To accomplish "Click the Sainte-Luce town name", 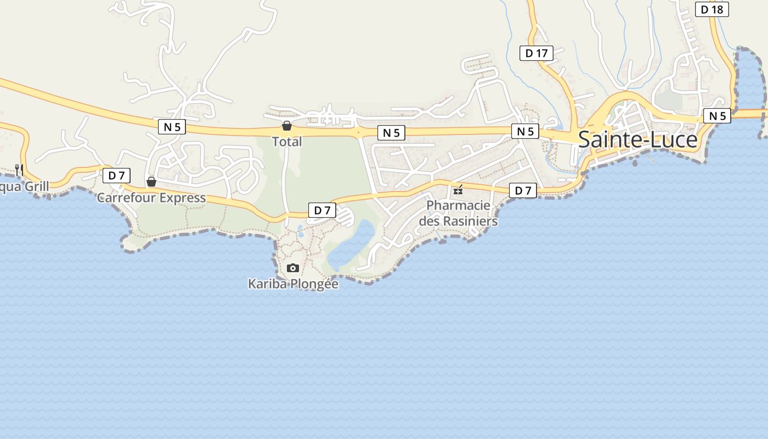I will (638, 140).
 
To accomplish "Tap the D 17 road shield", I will (536, 53).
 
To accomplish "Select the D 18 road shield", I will (712, 9).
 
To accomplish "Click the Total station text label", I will (287, 142).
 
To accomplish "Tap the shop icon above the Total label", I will (286, 126).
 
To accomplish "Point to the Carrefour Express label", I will (151, 198).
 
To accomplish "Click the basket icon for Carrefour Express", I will (151, 182).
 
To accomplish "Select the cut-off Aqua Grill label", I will (24, 187).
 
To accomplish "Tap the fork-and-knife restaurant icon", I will (19, 170).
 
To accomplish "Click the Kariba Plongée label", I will (293, 284).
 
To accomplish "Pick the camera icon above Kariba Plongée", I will (293, 268).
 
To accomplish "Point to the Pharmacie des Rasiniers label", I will (458, 213).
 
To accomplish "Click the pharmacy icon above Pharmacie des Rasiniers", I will (458, 190).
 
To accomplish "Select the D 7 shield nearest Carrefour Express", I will (116, 176).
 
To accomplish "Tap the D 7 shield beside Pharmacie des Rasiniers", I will (523, 190).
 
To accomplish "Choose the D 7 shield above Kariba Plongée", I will (322, 210).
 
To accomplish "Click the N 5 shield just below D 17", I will (525, 131).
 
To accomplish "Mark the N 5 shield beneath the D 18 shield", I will (717, 116).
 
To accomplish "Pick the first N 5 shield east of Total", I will (391, 133).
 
